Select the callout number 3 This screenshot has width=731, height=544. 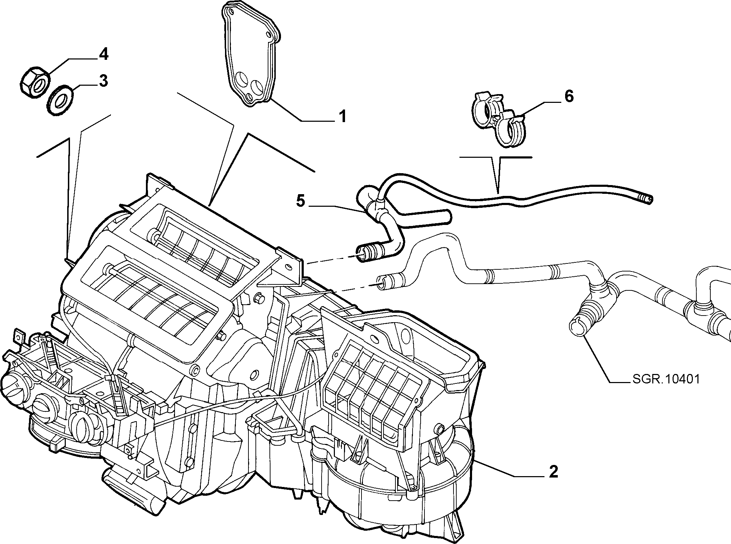[103, 81]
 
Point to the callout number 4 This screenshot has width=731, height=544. [103, 55]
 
